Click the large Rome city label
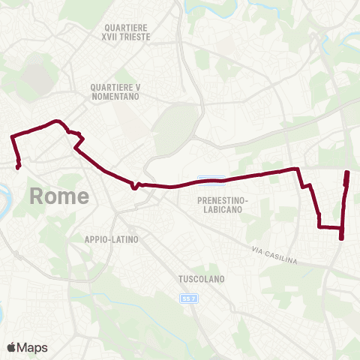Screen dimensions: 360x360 point(59,196)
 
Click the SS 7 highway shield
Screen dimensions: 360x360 point(189,298)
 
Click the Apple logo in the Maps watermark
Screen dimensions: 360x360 point(12,347)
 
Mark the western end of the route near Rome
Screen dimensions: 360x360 point(17,167)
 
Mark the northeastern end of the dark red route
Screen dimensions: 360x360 point(347,173)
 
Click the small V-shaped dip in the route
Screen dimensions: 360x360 point(133,188)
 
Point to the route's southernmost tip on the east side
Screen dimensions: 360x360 point(341,238)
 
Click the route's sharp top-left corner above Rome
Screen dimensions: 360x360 point(12,136)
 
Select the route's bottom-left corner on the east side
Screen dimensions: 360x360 point(319,226)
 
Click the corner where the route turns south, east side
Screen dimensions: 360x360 point(298,169)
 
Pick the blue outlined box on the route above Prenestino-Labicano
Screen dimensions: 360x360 point(211,178)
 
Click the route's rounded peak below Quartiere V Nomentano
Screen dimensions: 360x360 point(55,121)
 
